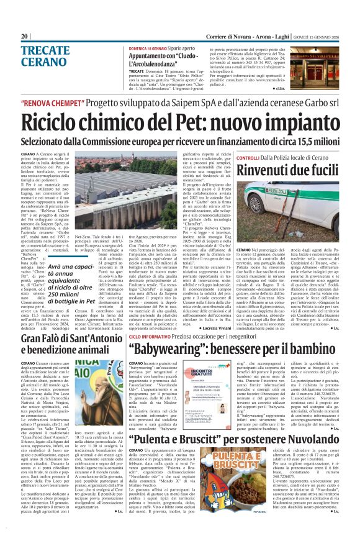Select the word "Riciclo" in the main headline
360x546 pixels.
[64, 121]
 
